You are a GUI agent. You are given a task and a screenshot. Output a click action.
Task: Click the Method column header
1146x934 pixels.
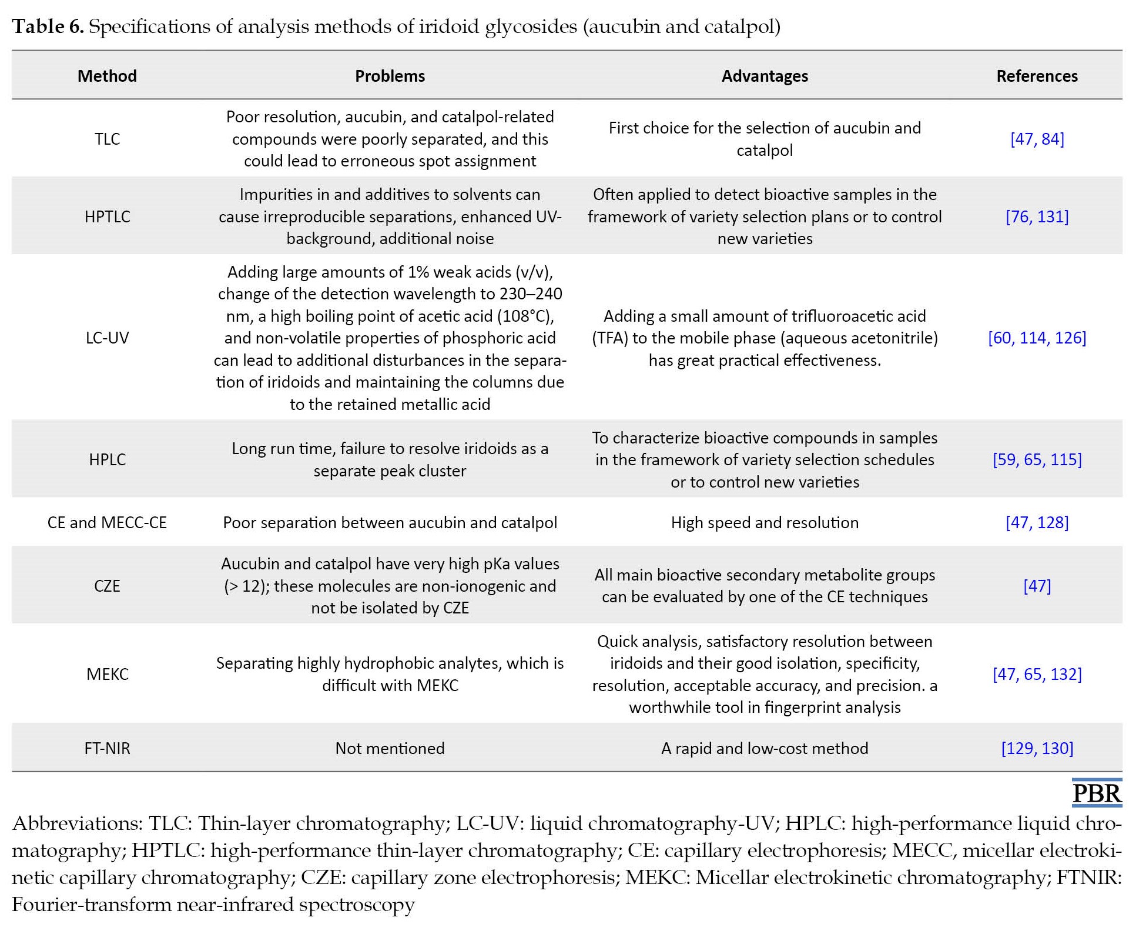[x=107, y=76]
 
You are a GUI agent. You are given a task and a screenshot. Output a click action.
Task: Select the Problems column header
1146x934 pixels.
[x=390, y=76]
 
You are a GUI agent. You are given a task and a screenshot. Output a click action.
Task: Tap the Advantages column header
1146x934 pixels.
[x=765, y=76]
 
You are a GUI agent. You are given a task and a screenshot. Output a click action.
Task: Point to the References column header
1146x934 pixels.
[x=1037, y=76]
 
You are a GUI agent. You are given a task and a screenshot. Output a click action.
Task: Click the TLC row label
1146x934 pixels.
[x=107, y=139]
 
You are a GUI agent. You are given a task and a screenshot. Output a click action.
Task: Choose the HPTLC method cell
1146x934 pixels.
[x=107, y=216]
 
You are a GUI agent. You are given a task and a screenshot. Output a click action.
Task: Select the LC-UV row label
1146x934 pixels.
[x=107, y=338]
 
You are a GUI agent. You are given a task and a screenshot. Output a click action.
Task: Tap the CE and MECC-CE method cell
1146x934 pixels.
[x=107, y=522]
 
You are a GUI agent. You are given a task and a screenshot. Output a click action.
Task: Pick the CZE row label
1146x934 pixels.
[x=107, y=586]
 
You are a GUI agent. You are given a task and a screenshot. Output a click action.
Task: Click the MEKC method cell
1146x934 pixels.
[x=107, y=674]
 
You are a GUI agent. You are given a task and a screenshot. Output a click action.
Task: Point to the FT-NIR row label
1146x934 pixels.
[x=107, y=748]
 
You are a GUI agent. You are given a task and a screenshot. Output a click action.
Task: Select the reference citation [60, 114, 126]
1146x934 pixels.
[x=1037, y=338]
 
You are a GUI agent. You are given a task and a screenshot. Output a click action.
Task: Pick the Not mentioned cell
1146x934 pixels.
[x=390, y=748]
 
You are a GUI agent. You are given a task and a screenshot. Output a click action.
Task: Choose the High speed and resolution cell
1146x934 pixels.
[x=765, y=523]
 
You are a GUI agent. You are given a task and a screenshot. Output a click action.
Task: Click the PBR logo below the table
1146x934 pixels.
[x=1097, y=793]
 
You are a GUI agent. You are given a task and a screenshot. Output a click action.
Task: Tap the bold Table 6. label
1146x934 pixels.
[x=48, y=26]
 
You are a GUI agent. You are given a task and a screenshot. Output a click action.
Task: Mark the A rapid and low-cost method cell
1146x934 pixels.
[x=765, y=748]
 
